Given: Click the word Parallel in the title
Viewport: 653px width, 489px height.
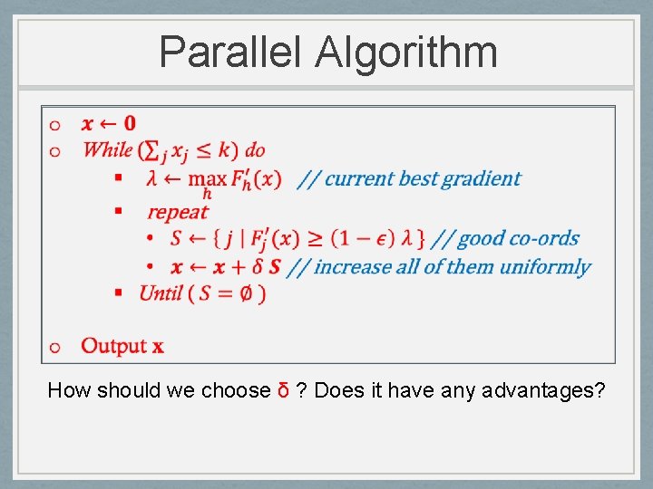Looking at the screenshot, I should click(230, 52).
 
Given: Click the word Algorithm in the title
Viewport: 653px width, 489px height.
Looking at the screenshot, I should click(406, 53).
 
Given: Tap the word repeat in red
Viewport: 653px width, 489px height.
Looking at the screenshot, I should click(178, 213).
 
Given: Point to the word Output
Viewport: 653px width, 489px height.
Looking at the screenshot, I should click(113, 346).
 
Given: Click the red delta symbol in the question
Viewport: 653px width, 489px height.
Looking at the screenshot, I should click(283, 391).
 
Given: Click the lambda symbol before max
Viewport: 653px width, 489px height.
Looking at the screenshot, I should click(151, 178).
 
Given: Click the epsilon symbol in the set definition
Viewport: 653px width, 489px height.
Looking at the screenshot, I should click(384, 239).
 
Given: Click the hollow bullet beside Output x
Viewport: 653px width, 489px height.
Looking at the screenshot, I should click(55, 347).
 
